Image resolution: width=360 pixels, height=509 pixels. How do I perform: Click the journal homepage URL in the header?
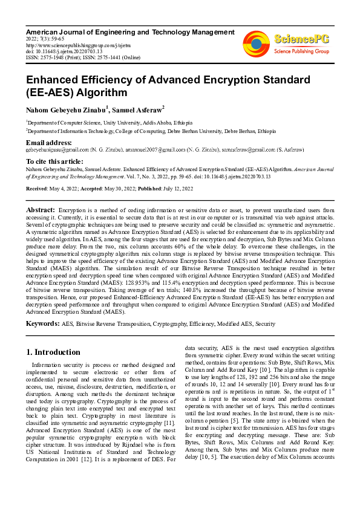tap(70, 44)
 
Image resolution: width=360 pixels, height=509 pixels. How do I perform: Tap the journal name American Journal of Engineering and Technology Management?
tap(130, 31)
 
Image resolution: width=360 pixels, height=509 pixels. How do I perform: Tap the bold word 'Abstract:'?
tap(41, 209)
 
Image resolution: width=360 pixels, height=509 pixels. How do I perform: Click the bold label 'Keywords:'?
tap(42, 324)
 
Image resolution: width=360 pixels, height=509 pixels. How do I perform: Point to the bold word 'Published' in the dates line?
tap(149, 189)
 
